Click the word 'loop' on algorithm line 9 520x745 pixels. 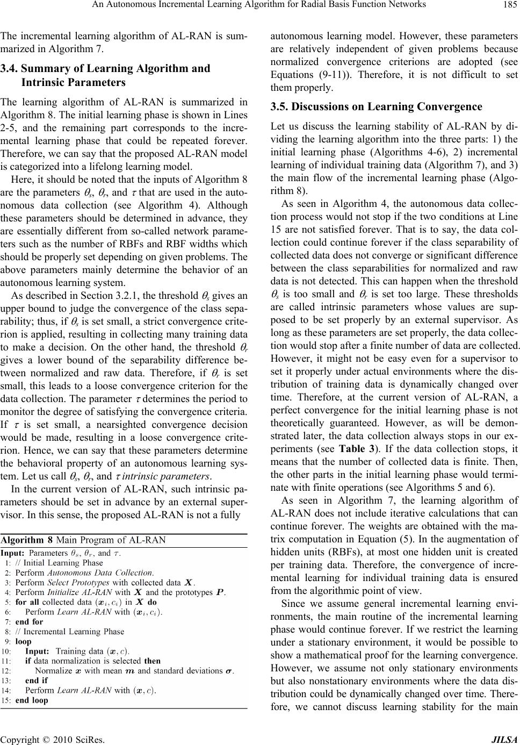(x=24, y=641)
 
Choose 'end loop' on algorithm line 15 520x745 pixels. (x=32, y=700)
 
